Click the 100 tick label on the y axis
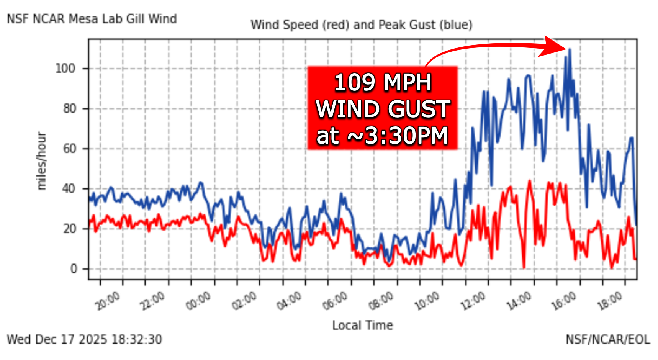(65, 69)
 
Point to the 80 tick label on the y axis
(69, 109)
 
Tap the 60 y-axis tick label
(69, 149)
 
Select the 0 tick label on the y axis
(74, 269)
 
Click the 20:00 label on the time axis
(108, 301)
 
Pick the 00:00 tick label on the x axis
(198, 301)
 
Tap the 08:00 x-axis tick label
(381, 301)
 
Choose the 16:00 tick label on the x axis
(564, 301)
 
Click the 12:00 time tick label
(473, 301)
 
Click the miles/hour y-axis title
(41, 161)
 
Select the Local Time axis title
(362, 325)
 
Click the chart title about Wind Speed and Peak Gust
(362, 25)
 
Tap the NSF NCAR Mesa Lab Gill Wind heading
(92, 19)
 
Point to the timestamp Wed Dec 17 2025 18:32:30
(84, 339)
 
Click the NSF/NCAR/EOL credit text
(608, 339)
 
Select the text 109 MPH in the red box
(383, 82)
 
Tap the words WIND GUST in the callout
(383, 109)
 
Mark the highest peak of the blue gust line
(570, 49)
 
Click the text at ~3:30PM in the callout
(383, 136)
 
